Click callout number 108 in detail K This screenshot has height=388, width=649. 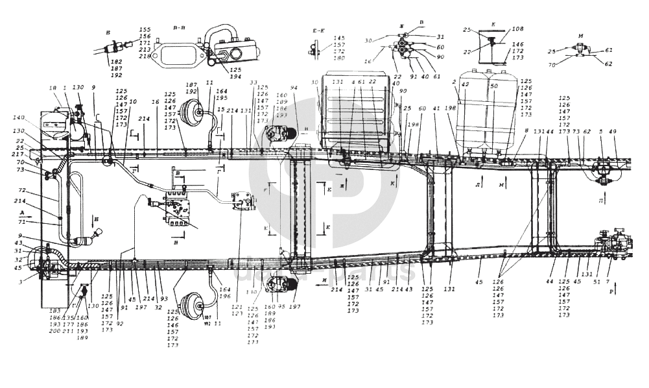(x=517, y=29)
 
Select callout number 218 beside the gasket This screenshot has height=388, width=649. (x=143, y=56)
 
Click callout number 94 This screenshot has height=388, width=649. (x=293, y=87)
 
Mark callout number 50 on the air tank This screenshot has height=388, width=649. (x=493, y=86)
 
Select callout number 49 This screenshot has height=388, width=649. (x=613, y=132)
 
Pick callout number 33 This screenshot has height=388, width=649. (x=254, y=82)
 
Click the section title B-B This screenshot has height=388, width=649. (x=179, y=29)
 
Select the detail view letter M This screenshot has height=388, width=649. (x=582, y=36)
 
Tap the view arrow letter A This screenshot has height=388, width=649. (x=21, y=212)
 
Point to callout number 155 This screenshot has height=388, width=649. (x=144, y=30)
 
